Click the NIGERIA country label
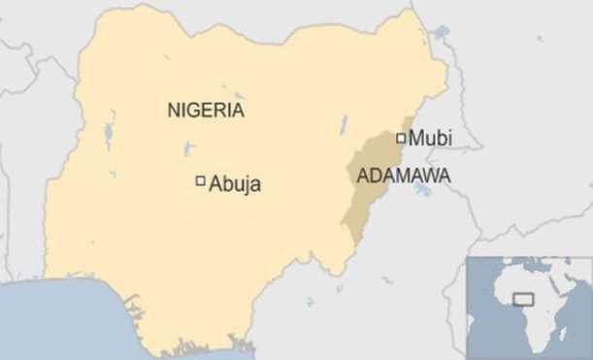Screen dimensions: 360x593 click(205, 111)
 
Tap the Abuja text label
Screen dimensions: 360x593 click(236, 182)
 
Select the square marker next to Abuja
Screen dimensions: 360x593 click(201, 180)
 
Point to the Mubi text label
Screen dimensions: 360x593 click(430, 139)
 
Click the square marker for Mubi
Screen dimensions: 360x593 click(401, 139)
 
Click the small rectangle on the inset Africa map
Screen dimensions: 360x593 click(524, 299)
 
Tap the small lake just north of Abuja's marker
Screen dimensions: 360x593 click(188, 149)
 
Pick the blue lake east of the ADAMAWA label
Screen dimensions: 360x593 click(423, 189)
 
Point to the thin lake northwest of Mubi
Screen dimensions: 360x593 click(344, 123)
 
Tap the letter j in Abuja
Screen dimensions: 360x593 click(247, 184)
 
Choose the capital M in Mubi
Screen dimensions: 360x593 click(415, 139)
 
